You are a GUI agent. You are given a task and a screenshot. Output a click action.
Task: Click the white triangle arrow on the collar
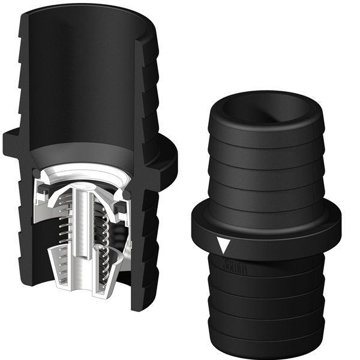[x=224, y=245]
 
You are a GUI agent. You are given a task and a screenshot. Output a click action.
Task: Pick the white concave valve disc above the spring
[x=90, y=180]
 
